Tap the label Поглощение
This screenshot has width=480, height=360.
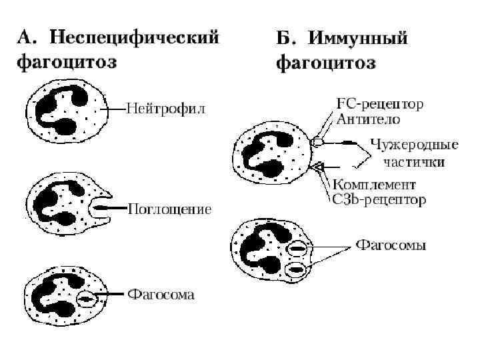pos(170,209)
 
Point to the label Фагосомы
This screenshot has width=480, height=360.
pos(390,246)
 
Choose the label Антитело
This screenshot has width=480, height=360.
pos(369,120)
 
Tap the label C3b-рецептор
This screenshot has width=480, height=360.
pos(379,199)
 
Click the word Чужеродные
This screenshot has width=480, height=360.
pos(414,143)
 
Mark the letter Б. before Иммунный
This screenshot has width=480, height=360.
pos(285,38)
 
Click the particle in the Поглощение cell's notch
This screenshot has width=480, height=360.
pos(101,209)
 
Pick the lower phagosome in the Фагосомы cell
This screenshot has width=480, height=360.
pos(296,270)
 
